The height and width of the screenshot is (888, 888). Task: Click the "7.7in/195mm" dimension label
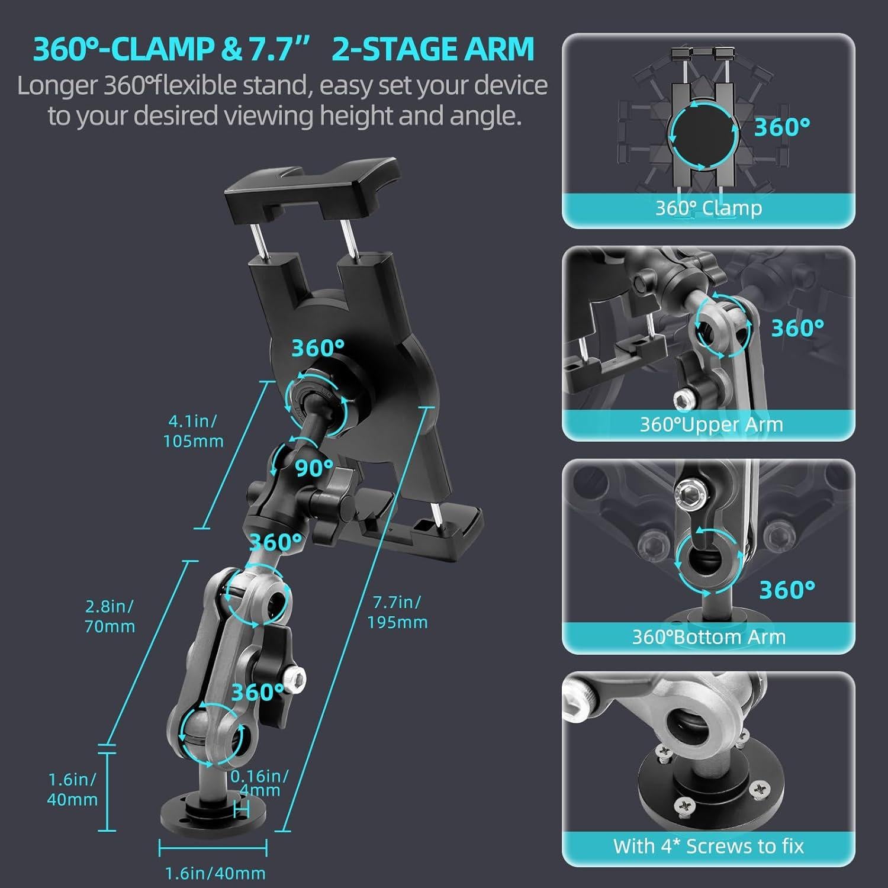(397, 612)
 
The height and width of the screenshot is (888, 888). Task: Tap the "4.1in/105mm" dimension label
(194, 431)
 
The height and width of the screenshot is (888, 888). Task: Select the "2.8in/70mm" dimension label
(110, 616)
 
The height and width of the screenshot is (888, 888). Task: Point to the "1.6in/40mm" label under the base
(214, 873)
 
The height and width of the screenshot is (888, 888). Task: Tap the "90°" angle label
(314, 468)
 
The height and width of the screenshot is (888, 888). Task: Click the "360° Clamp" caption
(708, 208)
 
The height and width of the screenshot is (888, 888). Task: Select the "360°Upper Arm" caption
(711, 424)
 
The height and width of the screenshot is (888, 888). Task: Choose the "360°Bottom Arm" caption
(709, 637)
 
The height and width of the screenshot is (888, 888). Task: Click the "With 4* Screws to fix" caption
(708, 846)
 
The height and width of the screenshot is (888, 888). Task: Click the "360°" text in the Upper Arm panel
(797, 328)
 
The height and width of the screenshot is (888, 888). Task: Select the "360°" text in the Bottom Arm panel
(787, 590)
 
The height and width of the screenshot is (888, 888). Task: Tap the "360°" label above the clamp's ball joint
(318, 348)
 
